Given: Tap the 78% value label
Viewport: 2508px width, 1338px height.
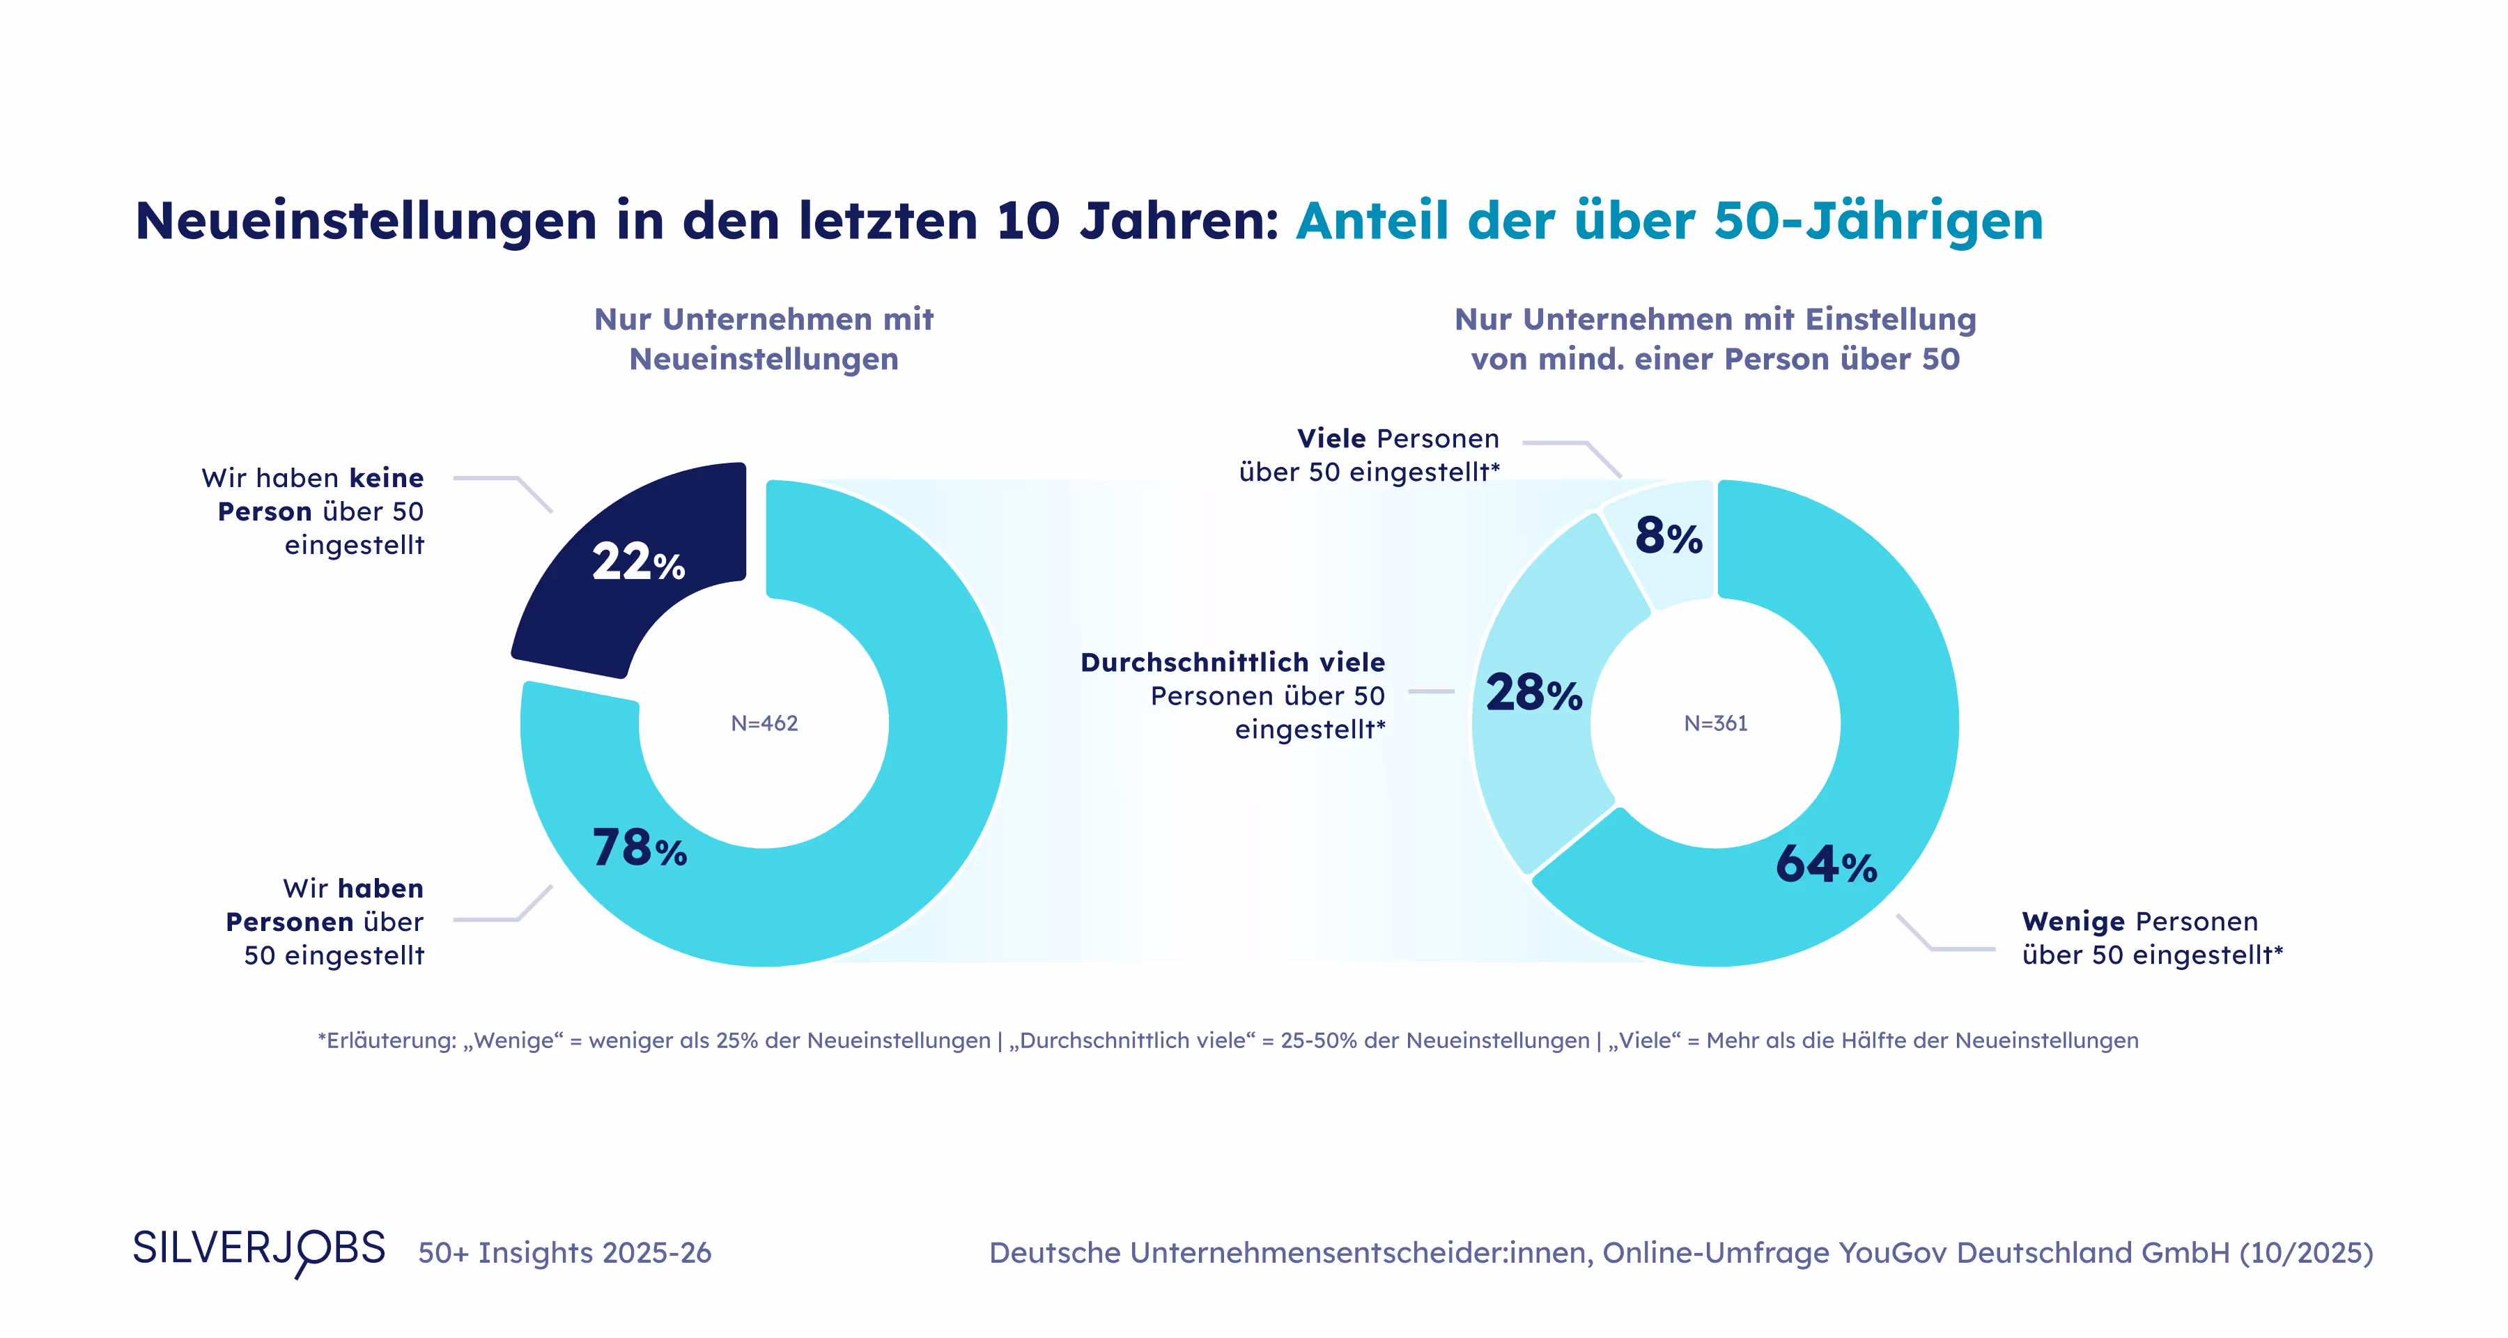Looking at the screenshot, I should (640, 847).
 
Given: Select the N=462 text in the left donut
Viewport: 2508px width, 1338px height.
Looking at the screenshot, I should (764, 723).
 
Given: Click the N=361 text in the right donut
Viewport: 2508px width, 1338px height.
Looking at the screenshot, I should (1715, 723).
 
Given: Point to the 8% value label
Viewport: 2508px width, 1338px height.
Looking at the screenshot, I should (1668, 537).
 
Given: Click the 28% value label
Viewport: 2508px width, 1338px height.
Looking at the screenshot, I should (1533, 693).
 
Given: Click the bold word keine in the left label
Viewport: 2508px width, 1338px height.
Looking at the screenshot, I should (387, 478).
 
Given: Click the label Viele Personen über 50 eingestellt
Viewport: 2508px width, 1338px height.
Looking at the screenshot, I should (1369, 455).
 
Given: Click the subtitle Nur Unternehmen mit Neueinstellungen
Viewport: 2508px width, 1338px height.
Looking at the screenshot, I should (764, 339).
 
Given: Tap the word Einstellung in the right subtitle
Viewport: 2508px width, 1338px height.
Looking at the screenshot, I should (1890, 319).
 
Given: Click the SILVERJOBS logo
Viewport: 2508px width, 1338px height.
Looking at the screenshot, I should (259, 1250).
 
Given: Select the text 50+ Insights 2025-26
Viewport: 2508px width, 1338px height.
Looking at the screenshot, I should (565, 1252).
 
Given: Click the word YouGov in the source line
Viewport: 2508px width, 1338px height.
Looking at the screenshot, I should (1893, 1252).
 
